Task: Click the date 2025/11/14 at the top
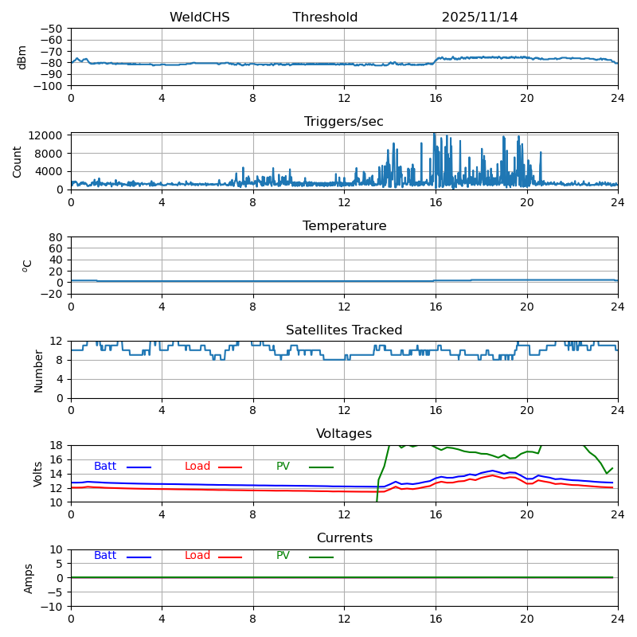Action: pyautogui.click(x=479, y=18)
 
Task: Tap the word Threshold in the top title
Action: pyautogui.click(x=325, y=18)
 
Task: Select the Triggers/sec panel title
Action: pyautogui.click(x=344, y=122)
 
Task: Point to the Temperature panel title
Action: pyautogui.click(x=344, y=226)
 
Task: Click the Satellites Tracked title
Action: pyautogui.click(x=344, y=330)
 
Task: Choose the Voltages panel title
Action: pyautogui.click(x=344, y=434)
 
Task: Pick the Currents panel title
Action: pyautogui.click(x=344, y=538)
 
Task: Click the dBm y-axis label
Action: pyautogui.click(x=22, y=57)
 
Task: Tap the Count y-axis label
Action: pyautogui.click(x=18, y=161)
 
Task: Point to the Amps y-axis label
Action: pyautogui.click(x=29, y=578)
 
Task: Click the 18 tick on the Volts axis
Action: pyautogui.click(x=57, y=445)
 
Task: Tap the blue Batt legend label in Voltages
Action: pyautogui.click(x=105, y=467)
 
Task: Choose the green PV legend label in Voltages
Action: pyautogui.click(x=283, y=467)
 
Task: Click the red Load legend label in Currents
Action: pyautogui.click(x=197, y=556)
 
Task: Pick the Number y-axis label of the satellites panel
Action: pyautogui.click(x=39, y=370)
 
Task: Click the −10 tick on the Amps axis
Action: pyautogui.click(x=53, y=607)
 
